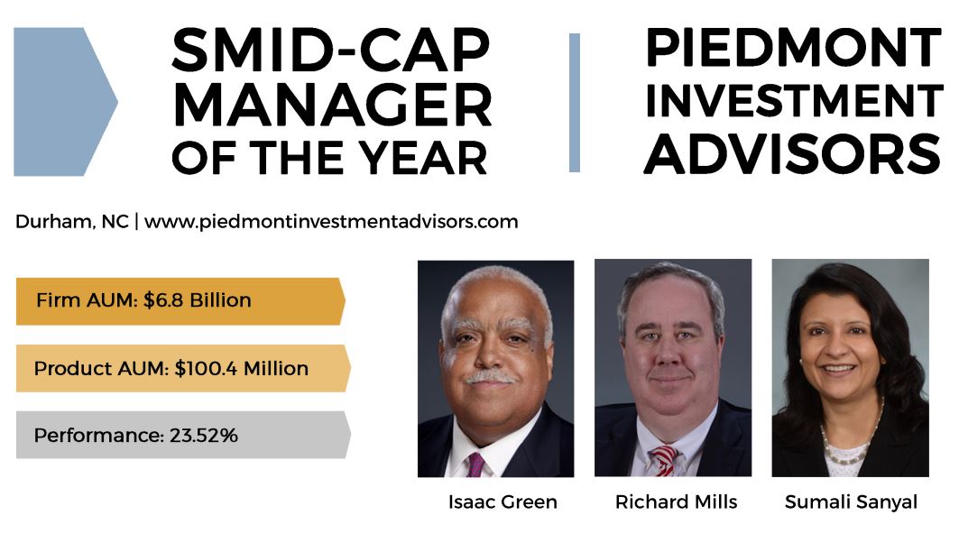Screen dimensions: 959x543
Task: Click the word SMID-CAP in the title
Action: (x=331, y=51)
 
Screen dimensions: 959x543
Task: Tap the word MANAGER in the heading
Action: (x=332, y=105)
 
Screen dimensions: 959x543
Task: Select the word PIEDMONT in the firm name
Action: (x=793, y=47)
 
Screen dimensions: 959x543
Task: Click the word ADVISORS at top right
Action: (x=793, y=153)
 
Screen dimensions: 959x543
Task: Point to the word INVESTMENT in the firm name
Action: (x=794, y=100)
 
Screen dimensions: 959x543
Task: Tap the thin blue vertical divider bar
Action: (x=575, y=103)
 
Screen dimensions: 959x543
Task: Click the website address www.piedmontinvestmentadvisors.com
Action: (x=331, y=222)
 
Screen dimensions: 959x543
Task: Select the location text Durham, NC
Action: (x=72, y=221)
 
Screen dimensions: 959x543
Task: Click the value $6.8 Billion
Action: (x=198, y=300)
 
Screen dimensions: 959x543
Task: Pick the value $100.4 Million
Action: (x=242, y=368)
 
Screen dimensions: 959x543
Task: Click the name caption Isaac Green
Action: (x=503, y=502)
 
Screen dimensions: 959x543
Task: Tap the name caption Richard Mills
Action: (x=677, y=502)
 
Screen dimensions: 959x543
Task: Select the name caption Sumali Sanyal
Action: (x=851, y=502)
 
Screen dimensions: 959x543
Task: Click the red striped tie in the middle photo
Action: (x=665, y=459)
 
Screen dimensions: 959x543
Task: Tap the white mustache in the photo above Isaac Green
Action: (x=491, y=377)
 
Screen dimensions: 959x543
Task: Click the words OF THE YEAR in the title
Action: (x=329, y=158)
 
